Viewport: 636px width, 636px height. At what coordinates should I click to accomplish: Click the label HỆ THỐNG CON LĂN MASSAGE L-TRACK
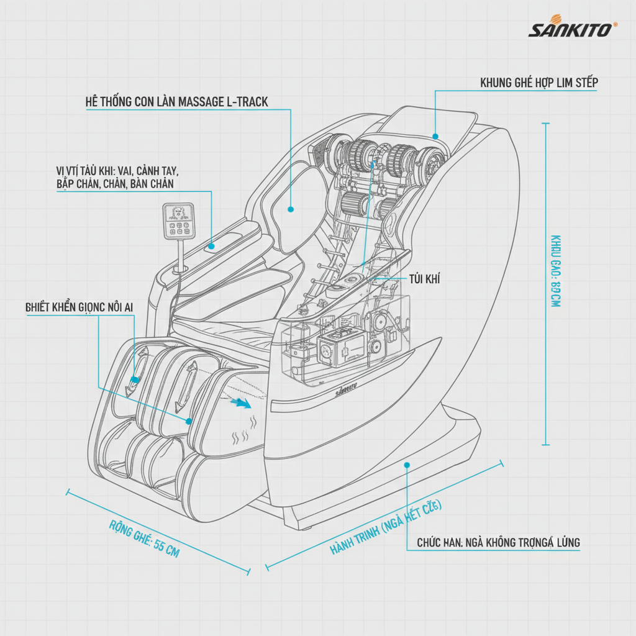tap(177, 102)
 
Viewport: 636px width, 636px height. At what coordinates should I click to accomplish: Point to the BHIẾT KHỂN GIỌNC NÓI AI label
tap(79, 307)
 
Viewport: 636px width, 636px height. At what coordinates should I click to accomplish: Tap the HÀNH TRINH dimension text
tap(385, 526)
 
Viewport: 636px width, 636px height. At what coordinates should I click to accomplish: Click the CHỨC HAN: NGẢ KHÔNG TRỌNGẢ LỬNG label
tap(498, 542)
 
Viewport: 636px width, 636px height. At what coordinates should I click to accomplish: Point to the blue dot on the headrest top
tap(435, 136)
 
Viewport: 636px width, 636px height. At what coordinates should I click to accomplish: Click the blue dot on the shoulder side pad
tap(290, 210)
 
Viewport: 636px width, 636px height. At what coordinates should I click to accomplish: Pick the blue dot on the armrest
tap(212, 246)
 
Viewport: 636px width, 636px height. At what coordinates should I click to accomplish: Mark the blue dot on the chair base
tap(407, 464)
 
